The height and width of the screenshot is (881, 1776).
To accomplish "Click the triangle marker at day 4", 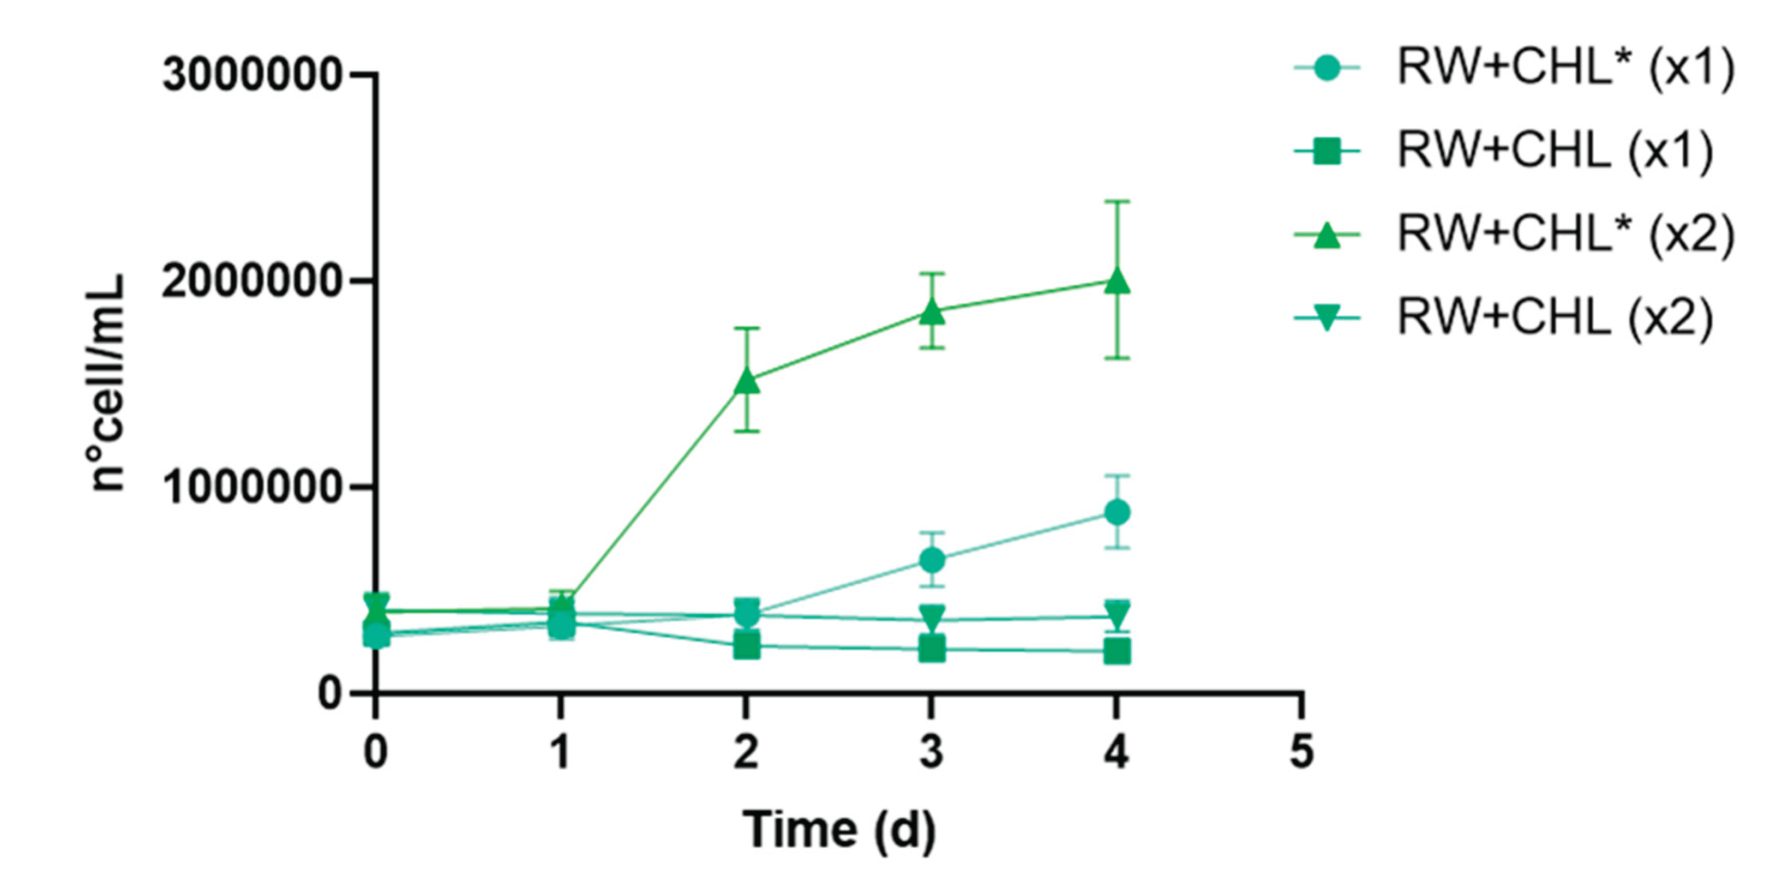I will tap(1117, 283).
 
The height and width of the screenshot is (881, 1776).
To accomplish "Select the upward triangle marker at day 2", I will tap(747, 381).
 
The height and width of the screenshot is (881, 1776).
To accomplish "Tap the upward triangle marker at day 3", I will tap(932, 312).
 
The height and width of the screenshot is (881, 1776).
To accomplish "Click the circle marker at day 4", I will tap(1117, 512).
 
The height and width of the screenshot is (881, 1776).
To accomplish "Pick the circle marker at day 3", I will tap(932, 560).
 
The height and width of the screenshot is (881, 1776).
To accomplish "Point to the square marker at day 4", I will tap(1117, 651).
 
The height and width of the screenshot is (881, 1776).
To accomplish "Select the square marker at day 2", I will tap(747, 646).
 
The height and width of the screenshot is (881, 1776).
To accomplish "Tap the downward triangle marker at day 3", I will tap(932, 616).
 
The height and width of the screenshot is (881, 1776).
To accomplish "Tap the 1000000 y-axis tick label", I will tap(251, 487).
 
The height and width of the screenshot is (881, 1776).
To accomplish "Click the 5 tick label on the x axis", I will tap(1301, 752).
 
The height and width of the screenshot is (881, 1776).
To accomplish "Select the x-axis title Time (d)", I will tap(839, 829).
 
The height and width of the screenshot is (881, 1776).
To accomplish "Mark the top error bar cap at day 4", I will tap(1117, 201).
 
